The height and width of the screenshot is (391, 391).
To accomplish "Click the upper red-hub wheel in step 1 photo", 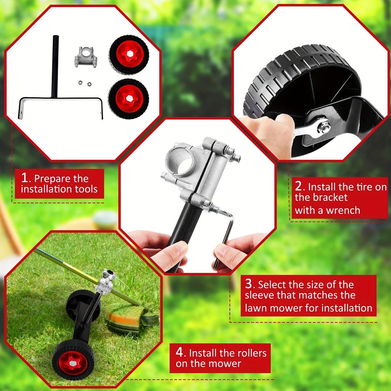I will pyautogui.click(x=129, y=54).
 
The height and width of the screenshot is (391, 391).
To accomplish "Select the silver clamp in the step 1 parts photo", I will pyautogui.click(x=86, y=57).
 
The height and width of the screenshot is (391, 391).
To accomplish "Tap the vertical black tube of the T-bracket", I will pyautogui.click(x=55, y=65).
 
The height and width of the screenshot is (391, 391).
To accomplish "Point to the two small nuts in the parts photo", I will pyautogui.click(x=84, y=82).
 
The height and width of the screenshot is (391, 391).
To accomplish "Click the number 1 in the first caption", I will pyautogui.click(x=25, y=178).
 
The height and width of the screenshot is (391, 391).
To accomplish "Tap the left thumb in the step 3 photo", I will pyautogui.click(x=173, y=253).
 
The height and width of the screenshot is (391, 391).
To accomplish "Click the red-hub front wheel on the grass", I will pyautogui.click(x=73, y=360).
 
